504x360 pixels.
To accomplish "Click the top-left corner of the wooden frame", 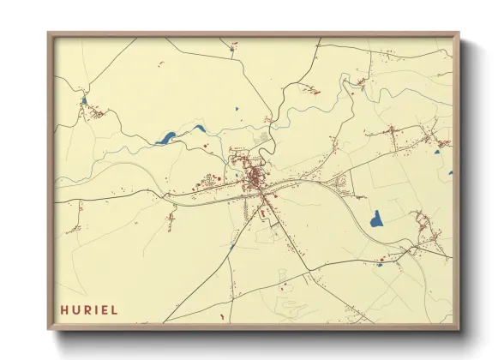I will coord(49,33).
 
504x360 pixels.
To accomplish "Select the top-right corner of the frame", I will coord(459,33).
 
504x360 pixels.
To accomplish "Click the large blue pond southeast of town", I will coord(375,219).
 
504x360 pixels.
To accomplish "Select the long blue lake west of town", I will coord(166,136).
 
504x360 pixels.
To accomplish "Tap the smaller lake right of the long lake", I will coord(199,129).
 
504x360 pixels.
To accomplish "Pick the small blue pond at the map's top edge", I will coord(231,49).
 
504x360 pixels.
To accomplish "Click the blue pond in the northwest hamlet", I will coord(83,101).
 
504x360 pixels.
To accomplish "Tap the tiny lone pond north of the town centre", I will coord(235,109).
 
